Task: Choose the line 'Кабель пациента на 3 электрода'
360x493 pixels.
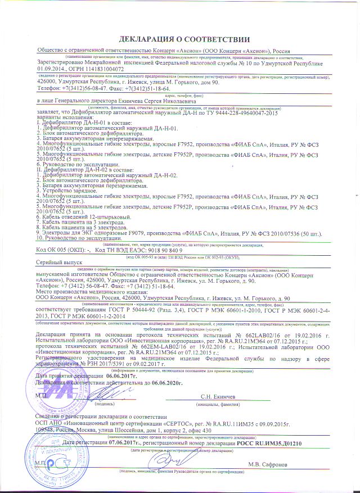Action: coord(83,223)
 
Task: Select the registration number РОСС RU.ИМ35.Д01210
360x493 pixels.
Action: coord(270,443)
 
